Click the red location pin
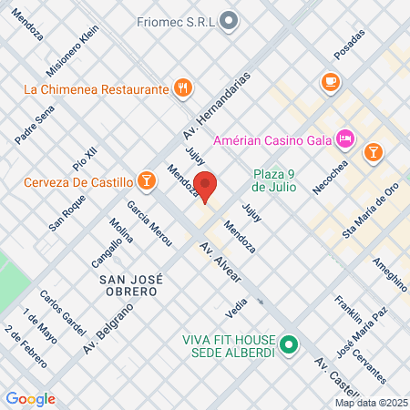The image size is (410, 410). (206, 185)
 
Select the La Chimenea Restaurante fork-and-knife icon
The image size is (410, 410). (184, 88)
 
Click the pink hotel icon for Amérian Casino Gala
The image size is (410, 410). (345, 138)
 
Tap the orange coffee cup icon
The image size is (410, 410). (330, 83)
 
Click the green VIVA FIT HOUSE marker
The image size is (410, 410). (290, 344)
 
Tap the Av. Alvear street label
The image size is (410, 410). (219, 261)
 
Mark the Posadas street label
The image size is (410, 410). (349, 44)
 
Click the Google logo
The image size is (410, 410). (30, 399)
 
